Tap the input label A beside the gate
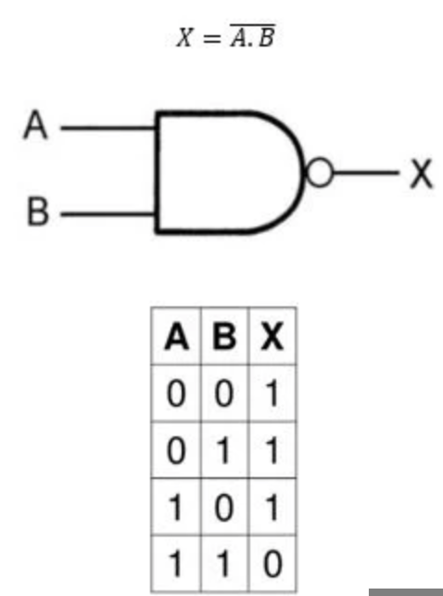click(x=36, y=124)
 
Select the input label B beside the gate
click(x=38, y=211)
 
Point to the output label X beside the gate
click(x=422, y=174)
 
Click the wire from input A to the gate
click(x=108, y=128)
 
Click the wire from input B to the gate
click(x=108, y=214)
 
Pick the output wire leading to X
click(x=366, y=173)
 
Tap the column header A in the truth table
click(x=176, y=336)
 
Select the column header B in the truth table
click(x=224, y=336)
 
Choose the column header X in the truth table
click(x=272, y=336)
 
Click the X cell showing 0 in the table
click(x=272, y=564)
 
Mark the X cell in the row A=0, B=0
click(x=272, y=393)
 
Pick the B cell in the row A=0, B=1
click(x=224, y=450)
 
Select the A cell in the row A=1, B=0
click(x=176, y=507)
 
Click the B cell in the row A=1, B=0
click(x=224, y=507)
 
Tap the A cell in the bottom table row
click(x=176, y=564)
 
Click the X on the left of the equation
click(x=184, y=38)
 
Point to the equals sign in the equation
click(x=212, y=38)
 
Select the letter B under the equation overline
click(x=267, y=38)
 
